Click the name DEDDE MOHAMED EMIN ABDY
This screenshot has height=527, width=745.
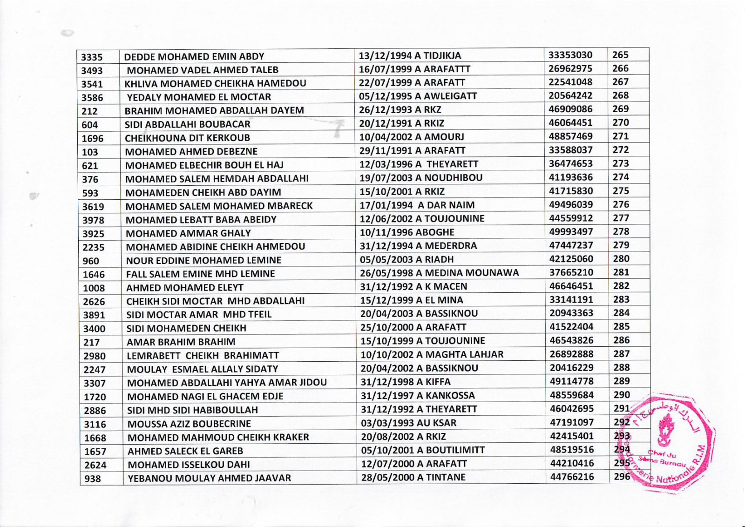(x=194, y=57)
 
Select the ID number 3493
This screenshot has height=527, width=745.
(x=92, y=71)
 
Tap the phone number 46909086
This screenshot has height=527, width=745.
(x=570, y=109)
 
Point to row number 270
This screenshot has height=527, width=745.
(x=621, y=123)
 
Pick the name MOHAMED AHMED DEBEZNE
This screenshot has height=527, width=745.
(x=191, y=152)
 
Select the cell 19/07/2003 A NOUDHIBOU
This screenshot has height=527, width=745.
(x=421, y=178)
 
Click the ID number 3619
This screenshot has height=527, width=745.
(x=93, y=207)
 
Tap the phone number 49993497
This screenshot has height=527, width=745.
(x=571, y=232)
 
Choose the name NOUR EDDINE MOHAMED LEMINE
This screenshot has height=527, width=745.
(x=203, y=260)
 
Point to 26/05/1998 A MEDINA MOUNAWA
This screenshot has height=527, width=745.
(x=439, y=273)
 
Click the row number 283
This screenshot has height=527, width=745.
(x=621, y=299)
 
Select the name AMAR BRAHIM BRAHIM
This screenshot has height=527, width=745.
(x=181, y=342)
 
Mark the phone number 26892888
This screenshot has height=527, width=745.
(x=572, y=354)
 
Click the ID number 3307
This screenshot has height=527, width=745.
(x=95, y=383)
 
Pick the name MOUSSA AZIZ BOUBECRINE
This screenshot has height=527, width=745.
(x=189, y=424)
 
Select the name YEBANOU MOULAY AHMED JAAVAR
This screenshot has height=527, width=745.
(x=209, y=478)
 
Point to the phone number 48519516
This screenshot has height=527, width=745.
(x=572, y=450)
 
